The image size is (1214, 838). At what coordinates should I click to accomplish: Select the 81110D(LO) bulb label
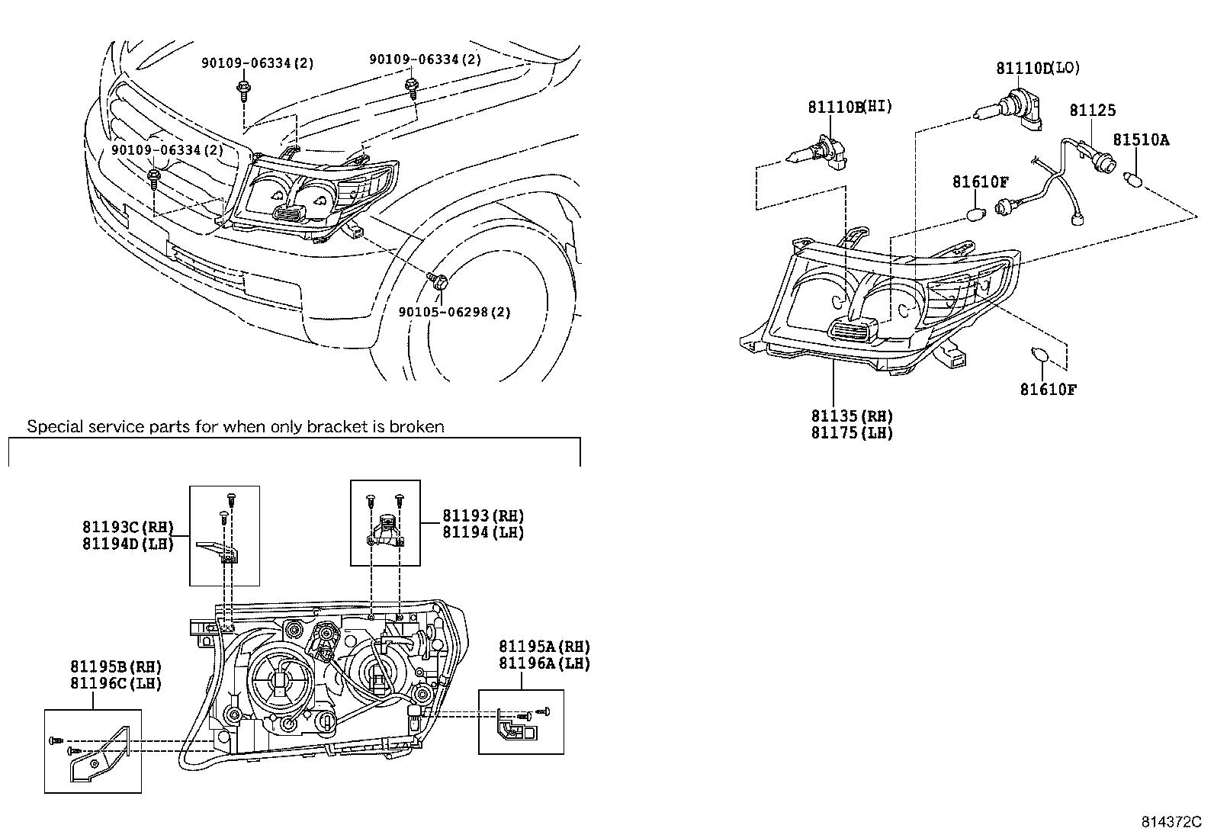coord(1038,68)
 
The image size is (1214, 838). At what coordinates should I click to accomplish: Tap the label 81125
coord(1092,110)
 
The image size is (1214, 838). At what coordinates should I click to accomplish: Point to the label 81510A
coord(1141,140)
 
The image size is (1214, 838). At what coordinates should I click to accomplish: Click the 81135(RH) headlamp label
coord(852,416)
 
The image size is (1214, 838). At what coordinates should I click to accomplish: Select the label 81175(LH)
coord(852,432)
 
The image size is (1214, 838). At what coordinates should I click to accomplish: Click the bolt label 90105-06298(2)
coord(454,312)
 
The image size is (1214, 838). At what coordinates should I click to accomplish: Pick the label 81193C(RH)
coord(128,527)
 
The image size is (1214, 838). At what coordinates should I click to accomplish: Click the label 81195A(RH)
coord(544,647)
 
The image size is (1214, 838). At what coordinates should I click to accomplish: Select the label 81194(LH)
coord(483,532)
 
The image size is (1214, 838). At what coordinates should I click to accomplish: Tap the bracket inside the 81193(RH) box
coord(384,530)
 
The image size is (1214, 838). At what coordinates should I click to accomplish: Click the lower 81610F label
coord(1049,390)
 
